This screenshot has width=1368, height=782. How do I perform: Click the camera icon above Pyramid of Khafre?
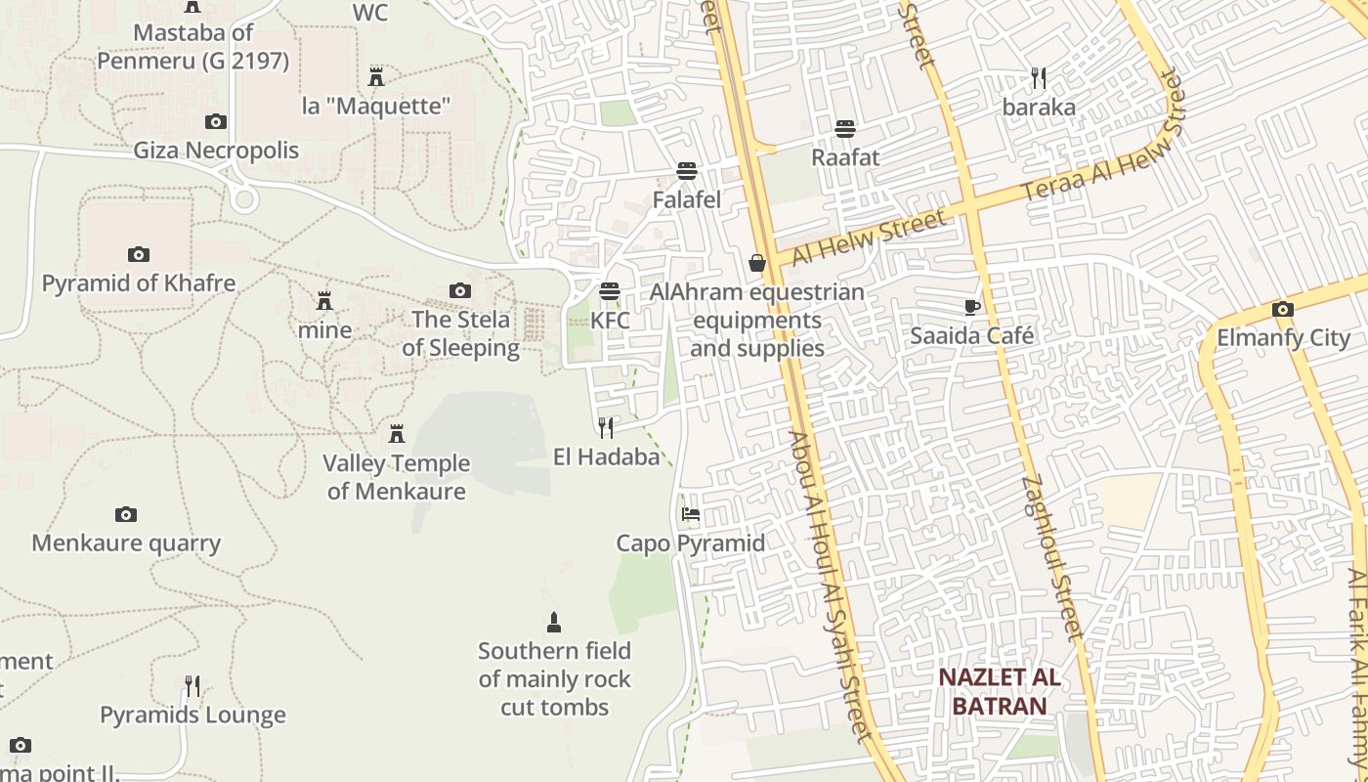[139, 255]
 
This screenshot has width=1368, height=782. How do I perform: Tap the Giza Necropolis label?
[216, 151]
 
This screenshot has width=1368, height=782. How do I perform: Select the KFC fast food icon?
[610, 291]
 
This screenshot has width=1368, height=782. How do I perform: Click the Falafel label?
[687, 200]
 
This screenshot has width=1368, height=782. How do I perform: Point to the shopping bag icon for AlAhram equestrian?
[757, 263]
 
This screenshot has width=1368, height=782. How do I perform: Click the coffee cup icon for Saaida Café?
[971, 308]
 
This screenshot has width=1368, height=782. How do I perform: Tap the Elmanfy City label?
[1283, 338]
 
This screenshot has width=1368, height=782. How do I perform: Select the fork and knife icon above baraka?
[1039, 78]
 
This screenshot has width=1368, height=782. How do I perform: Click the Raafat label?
[845, 157]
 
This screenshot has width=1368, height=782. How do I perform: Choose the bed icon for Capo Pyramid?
[691, 514]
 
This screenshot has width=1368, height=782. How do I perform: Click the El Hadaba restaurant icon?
[606, 427]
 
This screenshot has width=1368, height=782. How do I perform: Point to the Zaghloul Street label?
[1053, 557]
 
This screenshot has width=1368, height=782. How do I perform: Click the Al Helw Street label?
[869, 237]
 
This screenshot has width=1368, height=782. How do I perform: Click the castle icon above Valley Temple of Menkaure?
[397, 433]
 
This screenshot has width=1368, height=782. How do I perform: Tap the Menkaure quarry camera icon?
[126, 515]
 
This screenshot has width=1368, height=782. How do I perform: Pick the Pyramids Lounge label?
[192, 716]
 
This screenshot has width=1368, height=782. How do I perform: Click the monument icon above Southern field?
[554, 623]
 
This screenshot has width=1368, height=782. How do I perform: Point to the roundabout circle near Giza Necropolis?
[245, 200]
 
